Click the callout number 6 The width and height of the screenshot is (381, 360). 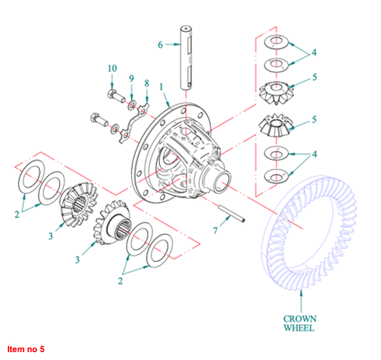click(x=160, y=45)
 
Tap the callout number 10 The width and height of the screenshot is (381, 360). click(x=112, y=69)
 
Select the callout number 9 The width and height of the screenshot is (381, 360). click(x=132, y=78)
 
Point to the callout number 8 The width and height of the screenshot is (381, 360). click(x=147, y=83)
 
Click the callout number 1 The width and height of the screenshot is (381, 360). click(x=161, y=87)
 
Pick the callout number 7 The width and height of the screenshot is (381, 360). click(x=216, y=230)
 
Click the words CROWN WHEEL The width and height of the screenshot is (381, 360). click(x=300, y=323)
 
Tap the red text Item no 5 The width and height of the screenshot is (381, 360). click(x=26, y=349)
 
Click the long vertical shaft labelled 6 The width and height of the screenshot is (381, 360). click(x=186, y=58)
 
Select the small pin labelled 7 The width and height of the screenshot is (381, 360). click(x=232, y=213)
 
